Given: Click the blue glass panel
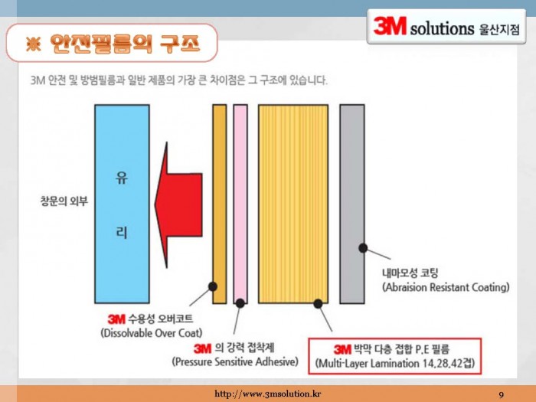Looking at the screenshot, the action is coord(122,204).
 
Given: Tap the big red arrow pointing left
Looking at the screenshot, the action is coord(178,204).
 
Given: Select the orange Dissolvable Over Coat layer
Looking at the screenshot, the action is coord(220,204).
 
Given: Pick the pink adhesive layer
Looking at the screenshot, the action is coord(240,204).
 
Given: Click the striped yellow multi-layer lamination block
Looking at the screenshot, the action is coord(293,204).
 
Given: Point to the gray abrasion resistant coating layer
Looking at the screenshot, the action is coord(352,204).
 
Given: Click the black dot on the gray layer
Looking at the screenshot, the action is coord(363,248).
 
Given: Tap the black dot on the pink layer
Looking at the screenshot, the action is coord(240,303).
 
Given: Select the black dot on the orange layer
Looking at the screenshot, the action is coord(213,286).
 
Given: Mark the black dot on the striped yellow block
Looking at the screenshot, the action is coord(318,303).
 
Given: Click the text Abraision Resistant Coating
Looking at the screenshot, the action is coord(446,287).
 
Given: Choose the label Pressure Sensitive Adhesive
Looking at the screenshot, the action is coord(235,361).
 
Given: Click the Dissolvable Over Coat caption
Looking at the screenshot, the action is coord(152,333).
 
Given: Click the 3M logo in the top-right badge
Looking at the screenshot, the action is coord(390,26).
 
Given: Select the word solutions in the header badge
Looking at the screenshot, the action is coord(442,29).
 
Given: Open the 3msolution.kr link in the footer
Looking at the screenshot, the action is coord(268,394).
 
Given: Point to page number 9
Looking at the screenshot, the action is coord(501,395).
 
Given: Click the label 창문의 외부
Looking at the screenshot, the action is coord(64,201).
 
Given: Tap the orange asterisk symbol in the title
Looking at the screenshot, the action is coord(33,44).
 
